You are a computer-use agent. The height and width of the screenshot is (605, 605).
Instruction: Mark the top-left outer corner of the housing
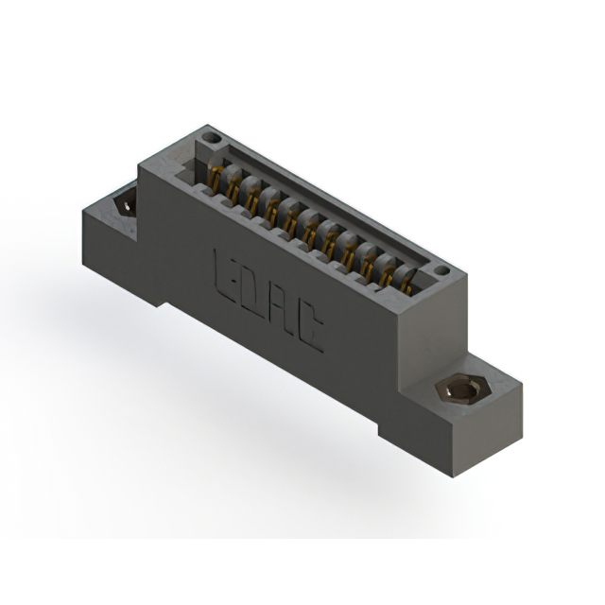[139, 164]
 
